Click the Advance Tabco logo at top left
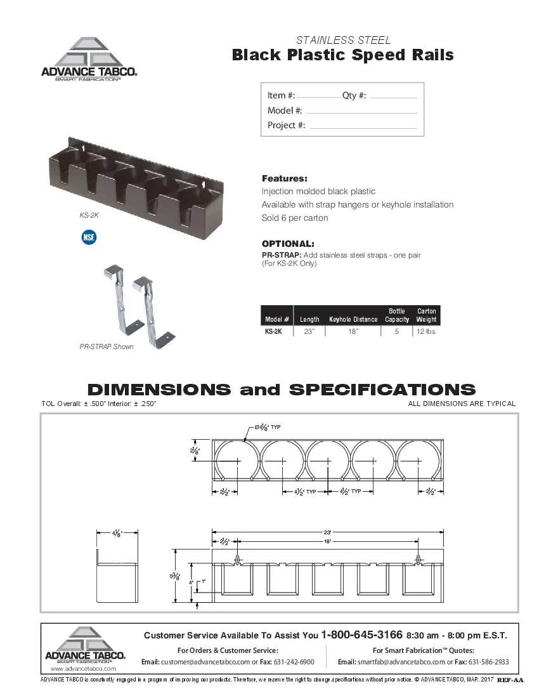[89, 60]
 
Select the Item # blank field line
[318, 97]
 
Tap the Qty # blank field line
[393, 97]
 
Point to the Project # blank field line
[363, 127]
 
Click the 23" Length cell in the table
[309, 331]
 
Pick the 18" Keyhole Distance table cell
[353, 331]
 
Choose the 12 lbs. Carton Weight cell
[426, 331]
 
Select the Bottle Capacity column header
[397, 315]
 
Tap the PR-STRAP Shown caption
[107, 347]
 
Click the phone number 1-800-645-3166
[362, 635]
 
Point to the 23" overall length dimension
[328, 532]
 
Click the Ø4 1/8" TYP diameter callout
[267, 426]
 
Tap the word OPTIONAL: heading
[288, 244]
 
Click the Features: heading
[285, 178]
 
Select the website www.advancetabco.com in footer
[83, 669]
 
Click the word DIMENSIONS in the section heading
[159, 389]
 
